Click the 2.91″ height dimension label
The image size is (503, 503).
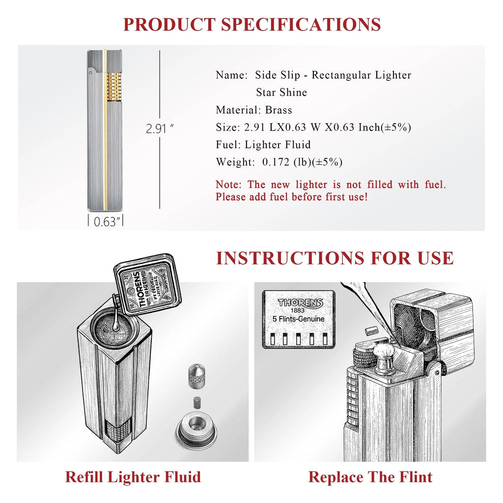click(x=160, y=130)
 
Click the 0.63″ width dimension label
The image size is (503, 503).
click(x=105, y=222)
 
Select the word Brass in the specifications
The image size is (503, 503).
click(x=279, y=110)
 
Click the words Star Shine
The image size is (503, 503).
click(x=281, y=92)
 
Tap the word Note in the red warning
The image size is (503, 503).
click(x=228, y=185)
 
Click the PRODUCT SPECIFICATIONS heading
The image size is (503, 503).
click(x=251, y=24)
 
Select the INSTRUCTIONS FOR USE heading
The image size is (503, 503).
click(x=335, y=258)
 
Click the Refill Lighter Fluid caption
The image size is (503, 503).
click(x=133, y=476)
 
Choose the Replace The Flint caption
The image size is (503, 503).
click(x=370, y=476)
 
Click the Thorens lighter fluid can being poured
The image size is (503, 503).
click(x=147, y=285)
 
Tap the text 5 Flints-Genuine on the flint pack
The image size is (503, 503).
click(x=299, y=319)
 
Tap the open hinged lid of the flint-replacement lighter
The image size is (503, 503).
click(x=432, y=324)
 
